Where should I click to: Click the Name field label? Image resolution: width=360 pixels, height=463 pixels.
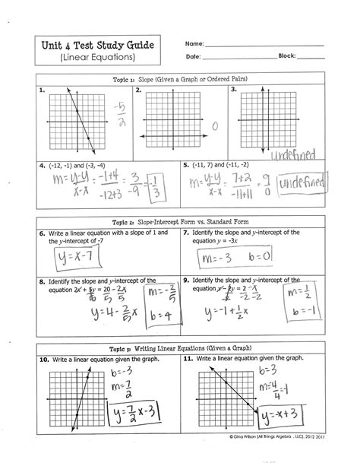tap(194, 44)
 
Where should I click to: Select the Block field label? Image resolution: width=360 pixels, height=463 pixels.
tap(287, 57)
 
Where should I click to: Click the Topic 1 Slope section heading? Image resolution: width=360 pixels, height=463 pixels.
tap(179, 79)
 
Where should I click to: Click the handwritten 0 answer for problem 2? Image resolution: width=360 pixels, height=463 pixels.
tap(215, 125)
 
